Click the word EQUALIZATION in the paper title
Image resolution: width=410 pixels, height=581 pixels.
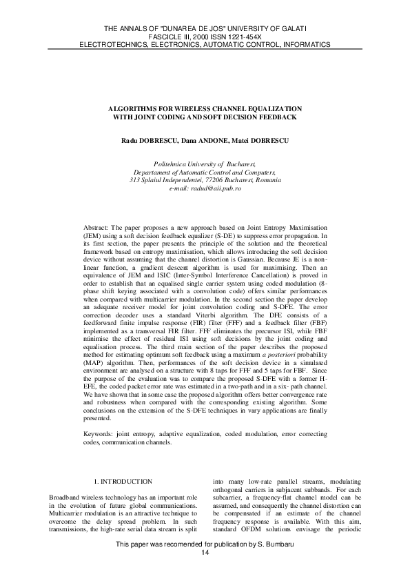pos(272,110)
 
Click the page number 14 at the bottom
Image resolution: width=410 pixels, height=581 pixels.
pos(205,553)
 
